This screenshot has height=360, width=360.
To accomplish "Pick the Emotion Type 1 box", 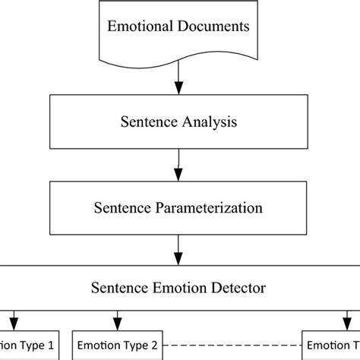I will [28, 344].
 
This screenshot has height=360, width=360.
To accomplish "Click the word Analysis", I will [203, 122].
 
